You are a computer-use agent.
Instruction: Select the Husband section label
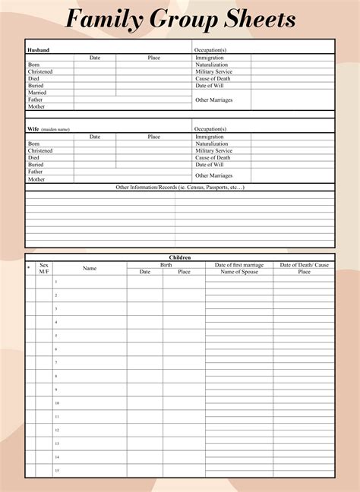click(38, 50)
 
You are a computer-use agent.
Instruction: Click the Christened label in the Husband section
click(40, 72)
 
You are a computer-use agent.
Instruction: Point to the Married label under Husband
click(36, 93)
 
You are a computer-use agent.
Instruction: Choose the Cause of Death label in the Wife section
click(213, 157)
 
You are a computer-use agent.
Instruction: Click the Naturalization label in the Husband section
click(211, 65)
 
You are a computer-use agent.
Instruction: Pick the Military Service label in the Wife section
click(213, 150)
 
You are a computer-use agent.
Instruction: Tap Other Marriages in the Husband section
click(213, 99)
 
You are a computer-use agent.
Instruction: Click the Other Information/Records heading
click(180, 187)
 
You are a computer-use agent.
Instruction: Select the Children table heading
click(180, 257)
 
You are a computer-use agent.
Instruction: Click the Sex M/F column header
click(43, 268)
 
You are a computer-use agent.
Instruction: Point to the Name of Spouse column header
click(239, 272)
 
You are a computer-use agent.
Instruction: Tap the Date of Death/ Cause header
click(304, 265)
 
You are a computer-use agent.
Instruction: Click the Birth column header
click(166, 265)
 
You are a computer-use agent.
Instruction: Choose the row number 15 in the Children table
click(56, 471)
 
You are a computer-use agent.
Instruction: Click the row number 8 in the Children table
click(55, 376)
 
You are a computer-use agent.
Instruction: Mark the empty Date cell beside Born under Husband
click(95, 65)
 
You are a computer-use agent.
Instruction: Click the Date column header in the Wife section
click(95, 137)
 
